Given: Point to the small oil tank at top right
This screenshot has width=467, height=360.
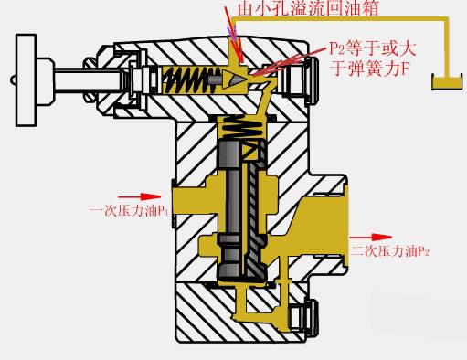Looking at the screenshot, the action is (447, 84).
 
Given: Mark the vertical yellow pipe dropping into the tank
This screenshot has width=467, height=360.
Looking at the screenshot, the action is (448, 50).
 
